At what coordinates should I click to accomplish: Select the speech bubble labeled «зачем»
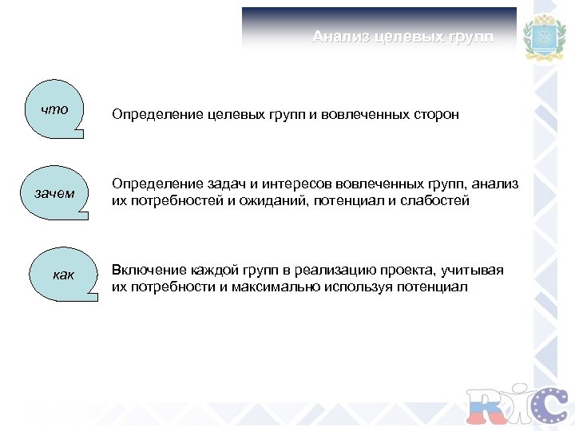coord(54,193)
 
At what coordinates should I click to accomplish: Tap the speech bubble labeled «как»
coord(62,275)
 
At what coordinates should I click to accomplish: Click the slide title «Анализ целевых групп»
coord(402,38)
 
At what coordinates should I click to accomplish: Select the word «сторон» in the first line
coord(436,115)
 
